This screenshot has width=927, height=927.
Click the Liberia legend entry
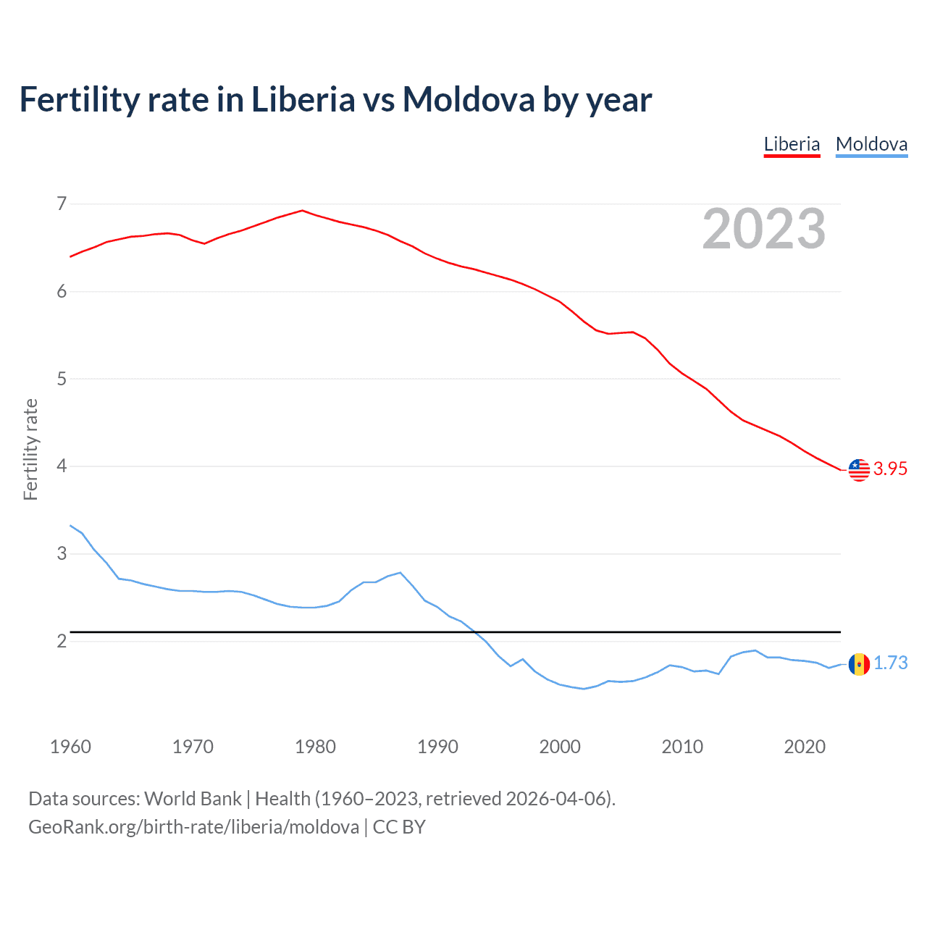coord(792,144)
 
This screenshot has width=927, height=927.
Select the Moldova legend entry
coord(871,144)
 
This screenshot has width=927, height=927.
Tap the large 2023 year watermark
coord(764,229)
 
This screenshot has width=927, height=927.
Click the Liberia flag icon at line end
coord(859,469)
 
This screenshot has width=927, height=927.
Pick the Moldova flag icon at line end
coord(859,663)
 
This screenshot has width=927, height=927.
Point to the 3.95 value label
coord(890,469)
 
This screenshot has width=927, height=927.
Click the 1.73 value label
coord(890,663)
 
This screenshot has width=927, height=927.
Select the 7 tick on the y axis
coord(62,204)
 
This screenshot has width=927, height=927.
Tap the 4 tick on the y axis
coord(62,466)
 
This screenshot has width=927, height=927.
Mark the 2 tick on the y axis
coord(62,641)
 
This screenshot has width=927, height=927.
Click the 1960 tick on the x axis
coord(70,747)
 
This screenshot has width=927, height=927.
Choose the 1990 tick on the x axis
coord(437,747)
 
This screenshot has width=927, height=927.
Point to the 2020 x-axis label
coord(805,747)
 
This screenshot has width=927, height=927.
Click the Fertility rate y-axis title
coord(30,449)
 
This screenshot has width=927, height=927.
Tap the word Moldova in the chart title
coord(468,99)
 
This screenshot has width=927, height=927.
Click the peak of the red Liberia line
coord(302,211)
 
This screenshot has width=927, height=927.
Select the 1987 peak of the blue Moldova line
coord(400,573)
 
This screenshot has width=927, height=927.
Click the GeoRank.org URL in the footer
coord(193,827)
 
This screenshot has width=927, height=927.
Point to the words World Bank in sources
coord(193,799)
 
